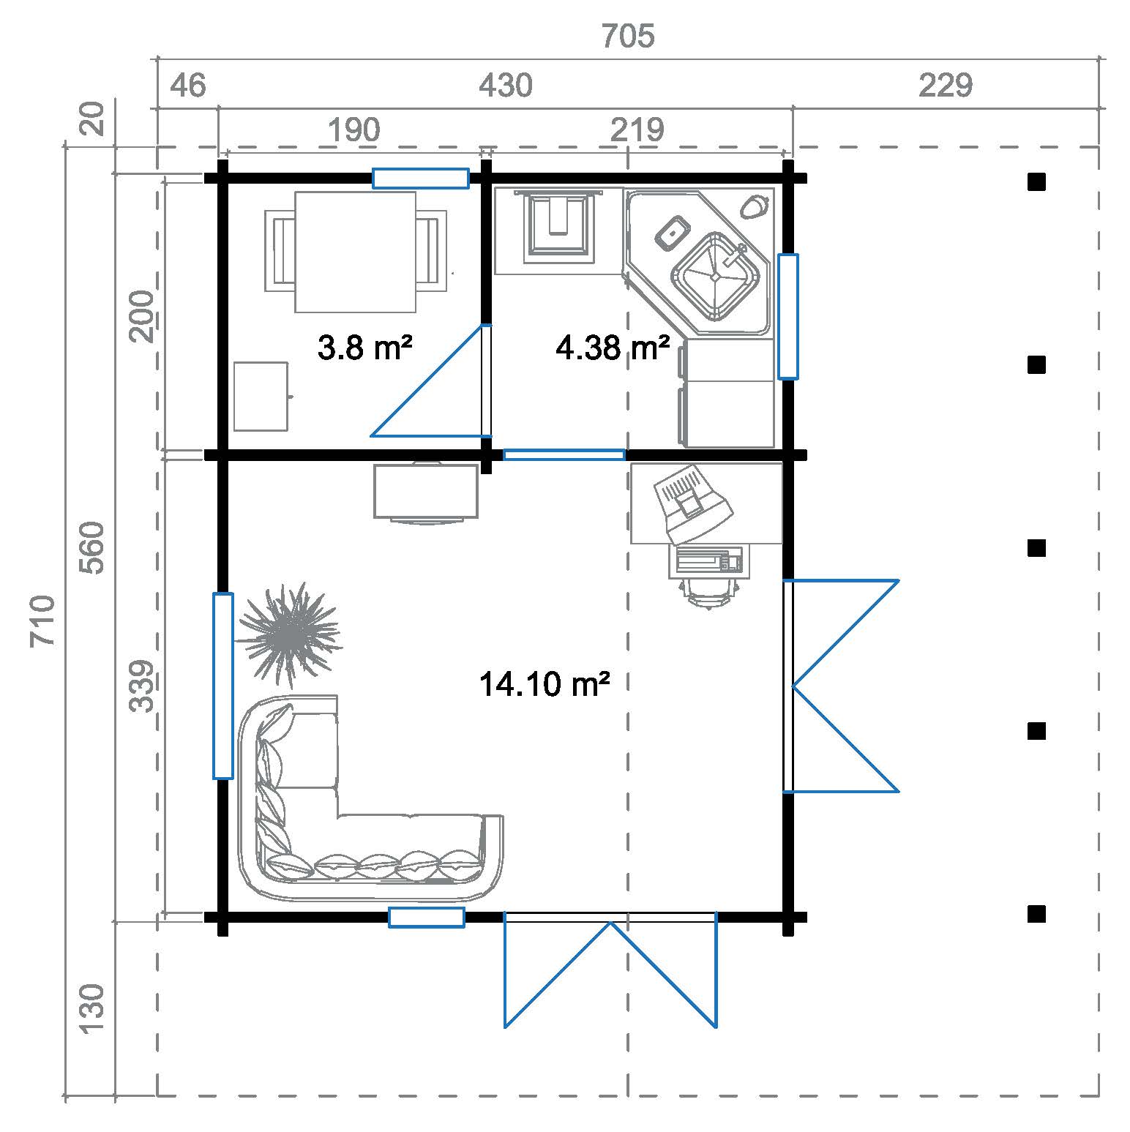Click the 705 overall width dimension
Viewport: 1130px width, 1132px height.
click(627, 36)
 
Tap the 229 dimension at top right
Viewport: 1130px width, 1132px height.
click(946, 86)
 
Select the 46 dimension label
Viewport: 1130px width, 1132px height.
click(188, 86)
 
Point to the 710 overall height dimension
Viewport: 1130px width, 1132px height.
click(43, 621)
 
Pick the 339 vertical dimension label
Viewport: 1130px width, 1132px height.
click(141, 686)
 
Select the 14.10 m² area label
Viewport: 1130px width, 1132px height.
click(545, 685)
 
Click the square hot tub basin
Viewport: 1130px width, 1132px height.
click(715, 277)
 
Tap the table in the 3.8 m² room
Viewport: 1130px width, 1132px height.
click(356, 252)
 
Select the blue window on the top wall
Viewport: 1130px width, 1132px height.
click(421, 178)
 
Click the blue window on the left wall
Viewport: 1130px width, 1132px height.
click(223, 686)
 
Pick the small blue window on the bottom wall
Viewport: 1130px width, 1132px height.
click(426, 917)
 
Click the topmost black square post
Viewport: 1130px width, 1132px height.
click(1036, 181)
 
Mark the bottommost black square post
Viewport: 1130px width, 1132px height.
click(1036, 914)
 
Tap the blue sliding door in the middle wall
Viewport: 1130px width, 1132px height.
click(564, 454)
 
